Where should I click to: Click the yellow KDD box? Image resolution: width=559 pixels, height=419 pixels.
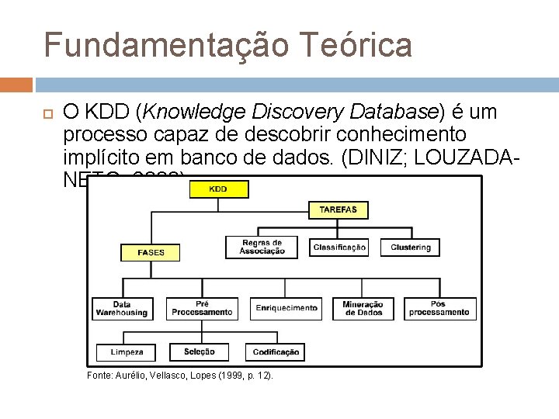pos(219,189)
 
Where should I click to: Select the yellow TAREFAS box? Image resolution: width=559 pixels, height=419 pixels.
pos(338,209)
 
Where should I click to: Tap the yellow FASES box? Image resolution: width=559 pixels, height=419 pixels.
pos(151,252)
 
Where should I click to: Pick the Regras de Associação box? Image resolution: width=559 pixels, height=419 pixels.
pos(262,247)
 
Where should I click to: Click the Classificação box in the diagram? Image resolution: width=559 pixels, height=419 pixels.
pos(339,247)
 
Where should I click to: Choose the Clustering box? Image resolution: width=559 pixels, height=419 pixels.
pos(411,247)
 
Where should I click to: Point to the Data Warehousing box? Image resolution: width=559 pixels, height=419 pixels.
pos(122,308)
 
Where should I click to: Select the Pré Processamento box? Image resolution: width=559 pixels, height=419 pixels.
pos(202,308)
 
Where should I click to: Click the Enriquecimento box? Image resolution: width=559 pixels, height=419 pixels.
pos(286,308)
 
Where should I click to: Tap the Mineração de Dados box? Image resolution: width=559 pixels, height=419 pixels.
pos(363,308)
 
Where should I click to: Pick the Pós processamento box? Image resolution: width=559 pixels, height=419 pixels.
pos(439,308)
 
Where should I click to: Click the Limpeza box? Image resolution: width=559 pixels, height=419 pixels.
pos(126,352)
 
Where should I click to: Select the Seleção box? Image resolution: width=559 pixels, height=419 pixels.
pos(200,352)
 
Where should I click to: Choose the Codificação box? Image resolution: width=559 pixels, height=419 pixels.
pos(276,352)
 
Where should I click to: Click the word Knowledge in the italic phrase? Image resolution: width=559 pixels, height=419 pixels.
pos(182,113)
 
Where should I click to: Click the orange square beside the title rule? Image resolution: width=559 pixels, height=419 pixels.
pos(16,85)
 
